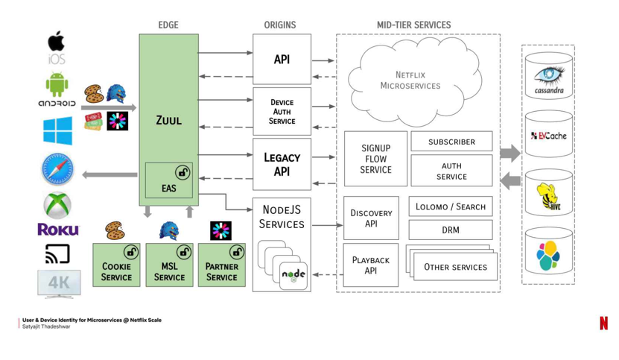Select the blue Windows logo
click(x=57, y=130)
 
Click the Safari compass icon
click(x=57, y=169)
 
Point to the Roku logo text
click(x=57, y=230)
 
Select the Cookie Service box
click(x=116, y=265)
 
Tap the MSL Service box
click(x=169, y=265)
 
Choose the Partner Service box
click(x=221, y=265)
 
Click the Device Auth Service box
click(x=282, y=111)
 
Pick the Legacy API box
click(x=282, y=164)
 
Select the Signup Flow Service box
click(x=375, y=159)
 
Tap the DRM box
click(x=451, y=230)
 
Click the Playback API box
click(x=371, y=265)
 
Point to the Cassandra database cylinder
click(x=549, y=78)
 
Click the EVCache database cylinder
click(x=549, y=136)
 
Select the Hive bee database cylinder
click(x=549, y=195)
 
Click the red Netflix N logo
click(x=603, y=323)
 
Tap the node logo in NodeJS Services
click(x=293, y=275)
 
